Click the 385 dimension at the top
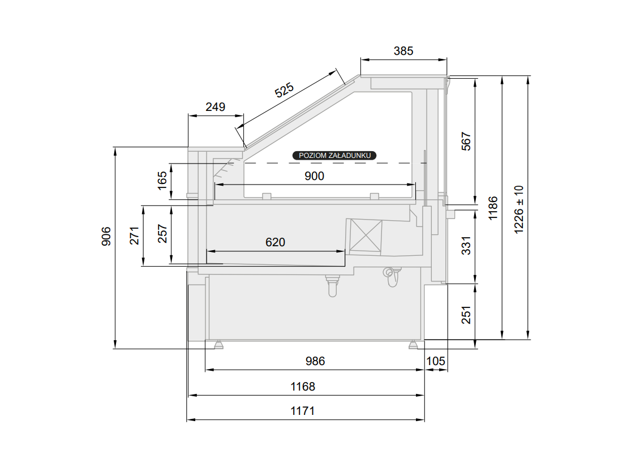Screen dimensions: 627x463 tap(403, 51)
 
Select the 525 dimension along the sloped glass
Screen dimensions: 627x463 tap(284, 90)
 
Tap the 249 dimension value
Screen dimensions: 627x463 tap(215, 107)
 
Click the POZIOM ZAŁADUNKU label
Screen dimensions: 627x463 tap(334, 156)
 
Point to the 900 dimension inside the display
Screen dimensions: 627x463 tap(314, 176)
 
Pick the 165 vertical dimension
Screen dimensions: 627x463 tap(162, 181)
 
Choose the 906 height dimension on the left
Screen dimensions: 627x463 tap(106, 236)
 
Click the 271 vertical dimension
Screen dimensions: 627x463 tap(134, 235)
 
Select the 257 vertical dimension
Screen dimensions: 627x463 tap(162, 234)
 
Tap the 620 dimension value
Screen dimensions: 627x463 tap(275, 242)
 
